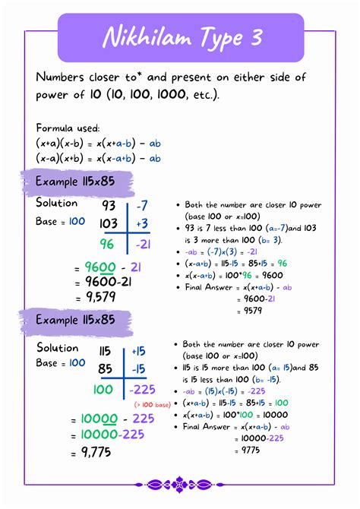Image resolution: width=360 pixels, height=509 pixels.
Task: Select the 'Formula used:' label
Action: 68,128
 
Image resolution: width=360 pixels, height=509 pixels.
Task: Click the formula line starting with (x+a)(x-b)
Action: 98,143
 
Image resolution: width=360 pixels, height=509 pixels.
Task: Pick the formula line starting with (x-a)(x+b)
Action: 98,158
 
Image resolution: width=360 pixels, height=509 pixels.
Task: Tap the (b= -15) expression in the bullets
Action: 284,379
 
